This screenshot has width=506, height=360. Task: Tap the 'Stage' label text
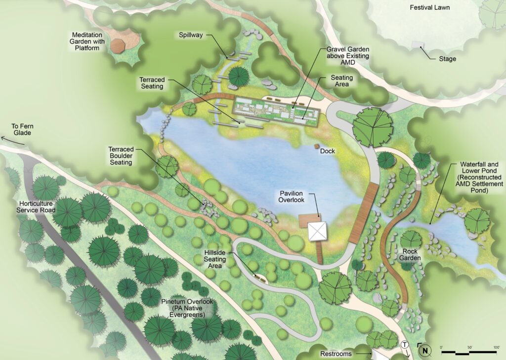pos(447,59)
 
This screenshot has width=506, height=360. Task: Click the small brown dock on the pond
pos(317,146)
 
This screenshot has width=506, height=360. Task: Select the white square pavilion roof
pos(317,231)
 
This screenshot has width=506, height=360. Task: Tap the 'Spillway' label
pos(191,35)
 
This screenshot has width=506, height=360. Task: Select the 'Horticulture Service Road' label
pos(38,206)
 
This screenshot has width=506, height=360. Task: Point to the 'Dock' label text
pos(328,151)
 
